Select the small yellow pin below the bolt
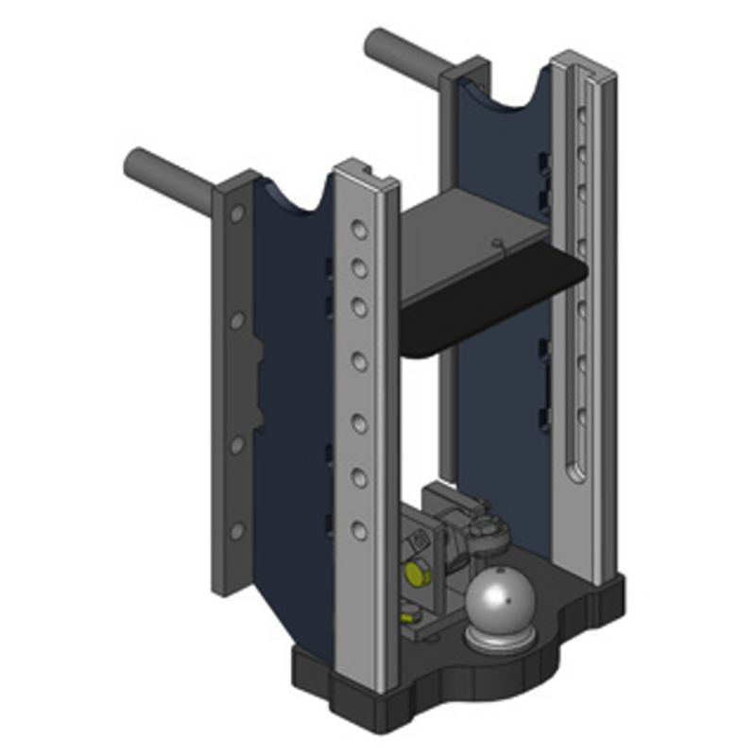(406, 618)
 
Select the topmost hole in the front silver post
(358, 231)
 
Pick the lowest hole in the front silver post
(358, 532)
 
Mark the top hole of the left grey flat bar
(235, 215)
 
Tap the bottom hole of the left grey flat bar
(236, 532)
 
